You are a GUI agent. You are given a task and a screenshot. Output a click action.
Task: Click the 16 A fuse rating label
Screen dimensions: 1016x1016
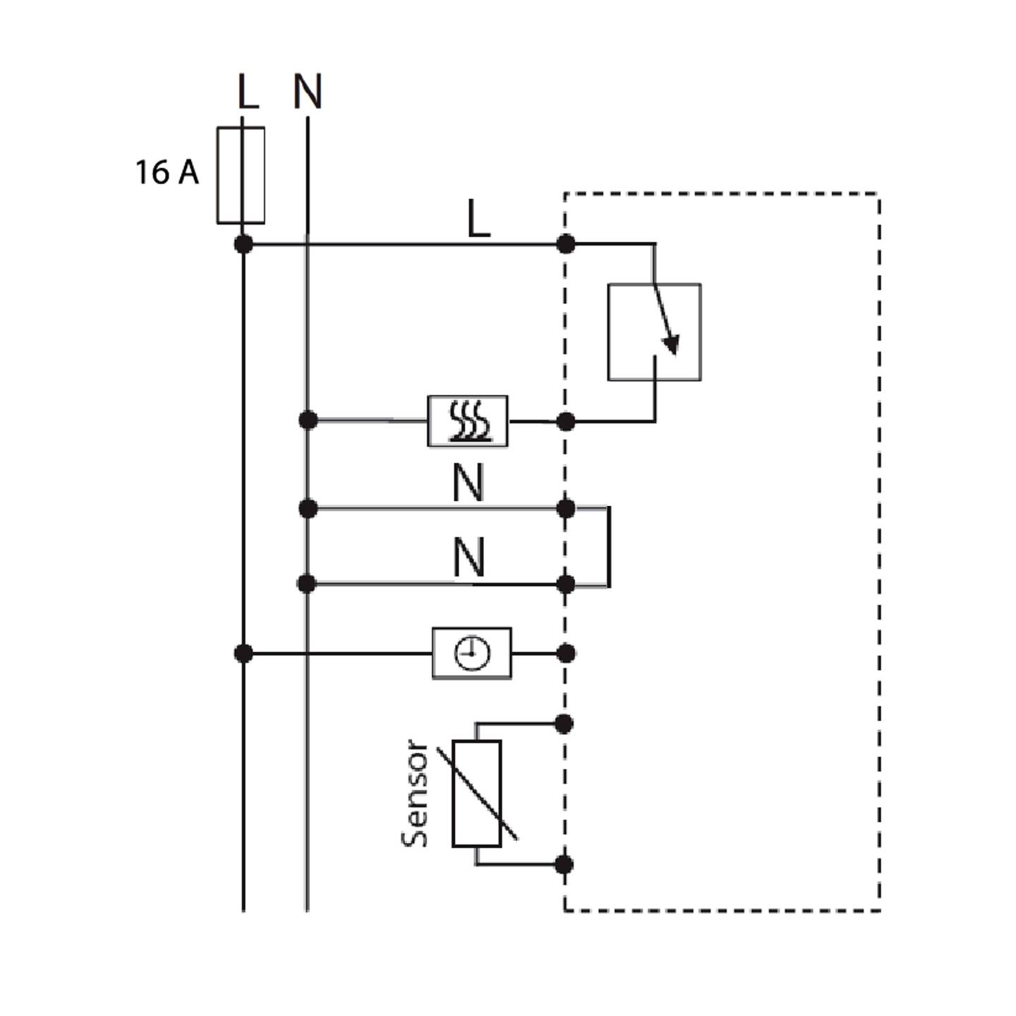[167, 172]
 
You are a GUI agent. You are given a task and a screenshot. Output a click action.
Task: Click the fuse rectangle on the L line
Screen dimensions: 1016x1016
[241, 175]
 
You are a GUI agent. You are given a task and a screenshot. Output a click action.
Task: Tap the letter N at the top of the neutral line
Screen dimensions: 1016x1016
[308, 91]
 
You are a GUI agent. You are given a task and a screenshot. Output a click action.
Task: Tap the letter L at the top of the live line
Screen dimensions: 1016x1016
[248, 91]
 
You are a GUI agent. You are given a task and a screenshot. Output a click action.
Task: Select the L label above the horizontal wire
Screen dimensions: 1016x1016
[479, 219]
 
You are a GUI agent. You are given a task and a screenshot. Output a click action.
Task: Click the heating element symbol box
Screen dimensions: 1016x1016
[468, 421]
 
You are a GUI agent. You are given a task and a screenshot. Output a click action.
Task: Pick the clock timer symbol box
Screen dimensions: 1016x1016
[472, 654]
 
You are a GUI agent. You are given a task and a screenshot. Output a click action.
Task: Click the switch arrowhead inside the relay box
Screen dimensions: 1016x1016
[671, 344]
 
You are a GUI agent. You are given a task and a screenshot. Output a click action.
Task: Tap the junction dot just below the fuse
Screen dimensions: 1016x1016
[243, 244]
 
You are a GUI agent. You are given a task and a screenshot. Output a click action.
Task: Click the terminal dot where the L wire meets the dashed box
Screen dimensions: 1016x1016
[566, 244]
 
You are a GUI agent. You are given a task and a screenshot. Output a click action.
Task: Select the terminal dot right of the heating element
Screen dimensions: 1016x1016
[566, 422]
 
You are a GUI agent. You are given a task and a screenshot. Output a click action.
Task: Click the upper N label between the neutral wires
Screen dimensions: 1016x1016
[468, 484]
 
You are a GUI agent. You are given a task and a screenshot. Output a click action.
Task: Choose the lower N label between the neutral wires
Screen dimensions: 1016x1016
[468, 559]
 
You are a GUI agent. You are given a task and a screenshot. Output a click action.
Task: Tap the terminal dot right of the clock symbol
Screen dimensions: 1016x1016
[566, 654]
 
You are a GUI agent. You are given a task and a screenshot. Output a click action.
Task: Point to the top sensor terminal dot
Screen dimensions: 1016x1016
[564, 725]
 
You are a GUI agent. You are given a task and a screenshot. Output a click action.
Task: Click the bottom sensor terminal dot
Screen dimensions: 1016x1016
[564, 865]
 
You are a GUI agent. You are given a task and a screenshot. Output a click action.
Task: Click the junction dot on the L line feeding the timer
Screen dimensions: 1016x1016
[243, 654]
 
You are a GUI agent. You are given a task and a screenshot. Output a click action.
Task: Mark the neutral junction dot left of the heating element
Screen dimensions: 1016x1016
[308, 421]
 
